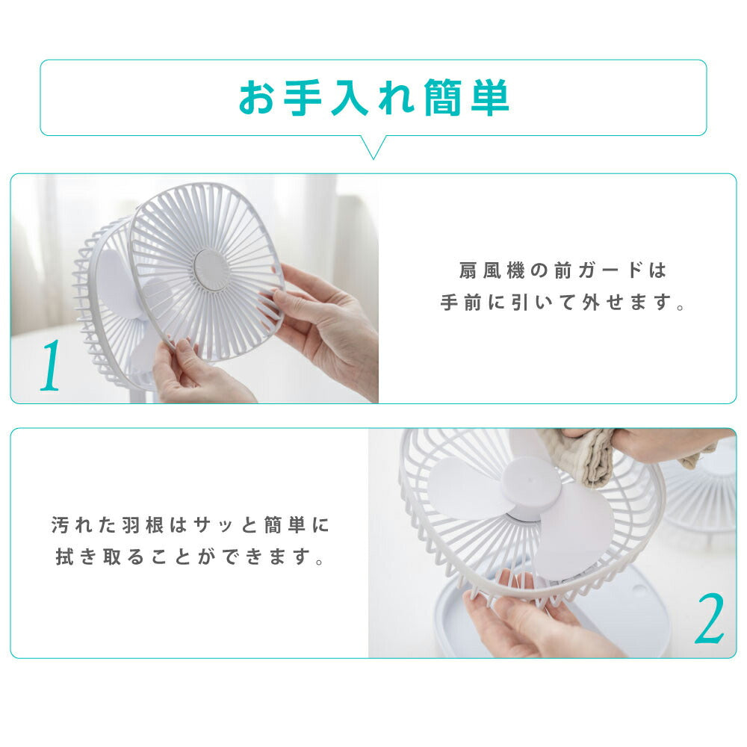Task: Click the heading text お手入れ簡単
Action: [x=373, y=98]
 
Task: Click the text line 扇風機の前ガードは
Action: [x=562, y=270]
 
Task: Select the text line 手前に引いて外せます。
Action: [x=562, y=304]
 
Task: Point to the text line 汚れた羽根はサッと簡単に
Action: [x=190, y=525]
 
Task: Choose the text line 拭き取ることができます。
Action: [x=190, y=558]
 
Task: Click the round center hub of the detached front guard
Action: [x=211, y=270]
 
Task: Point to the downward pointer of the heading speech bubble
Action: [x=373, y=148]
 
